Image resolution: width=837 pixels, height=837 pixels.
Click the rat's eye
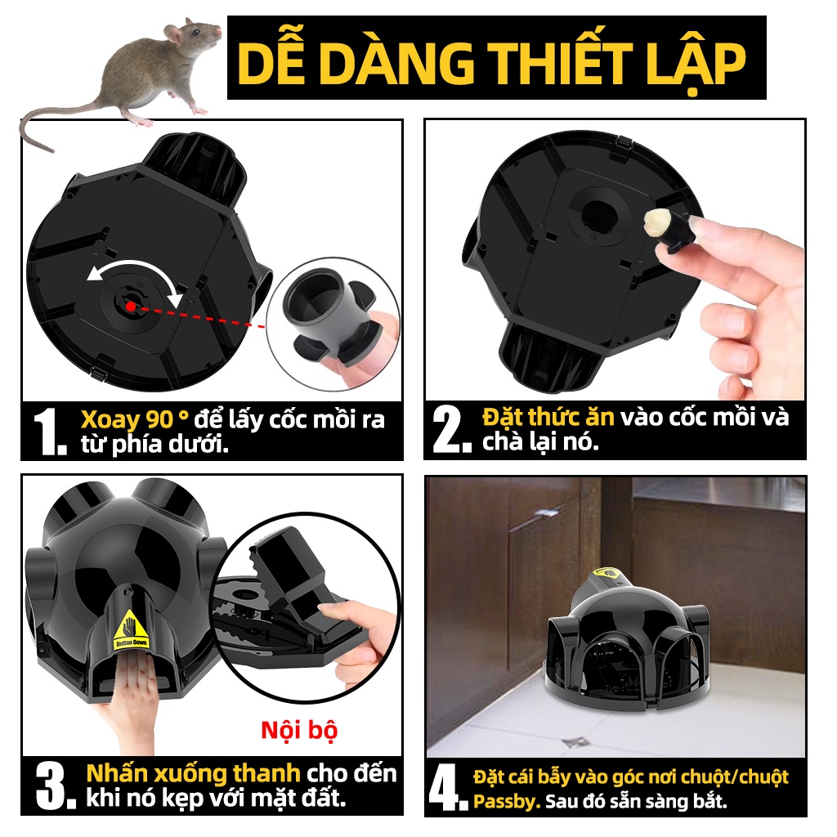click(x=196, y=33)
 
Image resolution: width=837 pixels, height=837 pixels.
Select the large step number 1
click(x=50, y=432)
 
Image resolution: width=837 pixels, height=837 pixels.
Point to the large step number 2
click(x=451, y=429)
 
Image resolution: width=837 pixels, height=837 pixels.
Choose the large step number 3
click(x=56, y=786)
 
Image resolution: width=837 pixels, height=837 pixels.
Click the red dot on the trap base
click(x=130, y=306)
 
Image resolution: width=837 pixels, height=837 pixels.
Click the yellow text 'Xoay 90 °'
click(x=134, y=420)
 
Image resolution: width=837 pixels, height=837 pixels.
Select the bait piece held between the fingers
click(x=657, y=222)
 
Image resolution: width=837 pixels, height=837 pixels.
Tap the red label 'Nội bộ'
click(x=299, y=730)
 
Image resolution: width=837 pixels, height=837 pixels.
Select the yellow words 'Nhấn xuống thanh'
click(x=193, y=773)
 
